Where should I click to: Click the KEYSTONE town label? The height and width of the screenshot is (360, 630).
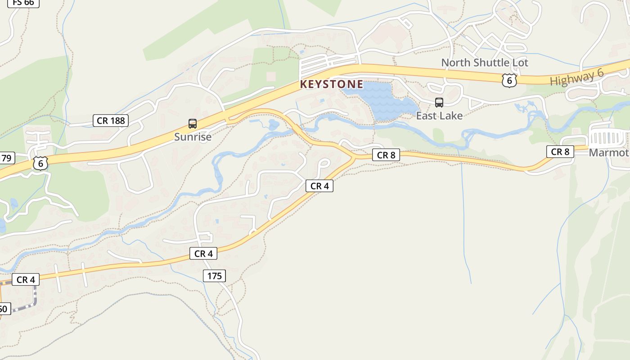coord(332,84)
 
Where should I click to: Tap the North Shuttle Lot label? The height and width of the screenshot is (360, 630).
coord(485,63)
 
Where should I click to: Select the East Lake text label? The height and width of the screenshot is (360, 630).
coord(439,116)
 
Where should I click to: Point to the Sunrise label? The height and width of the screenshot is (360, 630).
coord(193,137)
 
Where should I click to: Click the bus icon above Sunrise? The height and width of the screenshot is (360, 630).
coord(193,124)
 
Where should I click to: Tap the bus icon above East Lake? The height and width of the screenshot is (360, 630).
coord(439,103)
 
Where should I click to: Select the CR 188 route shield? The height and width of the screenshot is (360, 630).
coord(111,121)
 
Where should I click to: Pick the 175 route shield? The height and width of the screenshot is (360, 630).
coord(214,276)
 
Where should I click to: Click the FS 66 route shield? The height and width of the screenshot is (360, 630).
coord(23,3)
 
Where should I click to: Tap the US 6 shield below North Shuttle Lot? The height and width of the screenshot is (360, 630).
coord(509,81)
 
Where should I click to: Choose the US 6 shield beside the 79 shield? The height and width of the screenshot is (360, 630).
coord(40,163)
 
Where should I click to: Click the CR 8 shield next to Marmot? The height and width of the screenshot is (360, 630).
coord(560,152)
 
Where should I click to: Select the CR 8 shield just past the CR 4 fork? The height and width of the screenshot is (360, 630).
coord(386,155)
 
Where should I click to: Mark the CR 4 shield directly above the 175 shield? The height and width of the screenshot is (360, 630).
coord(203,254)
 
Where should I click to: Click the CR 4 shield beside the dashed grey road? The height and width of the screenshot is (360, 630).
coord(26,280)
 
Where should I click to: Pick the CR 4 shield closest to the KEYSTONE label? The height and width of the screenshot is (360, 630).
coord(319,186)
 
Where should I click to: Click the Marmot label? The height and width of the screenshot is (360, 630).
coord(609,153)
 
